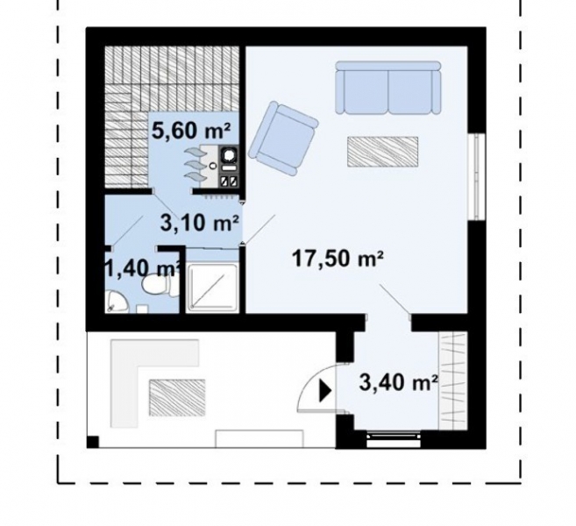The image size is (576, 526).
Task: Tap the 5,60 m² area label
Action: [192, 131]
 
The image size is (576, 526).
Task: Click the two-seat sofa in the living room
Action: [388, 88]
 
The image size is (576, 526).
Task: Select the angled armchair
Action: [282, 134]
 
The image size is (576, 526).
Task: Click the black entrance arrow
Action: [324, 391]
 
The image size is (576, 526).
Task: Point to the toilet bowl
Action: [151, 288]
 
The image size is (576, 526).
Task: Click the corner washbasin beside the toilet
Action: [115, 302]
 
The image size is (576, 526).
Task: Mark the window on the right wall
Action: [477, 175]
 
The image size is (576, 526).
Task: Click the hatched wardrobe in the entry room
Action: [455, 380]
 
